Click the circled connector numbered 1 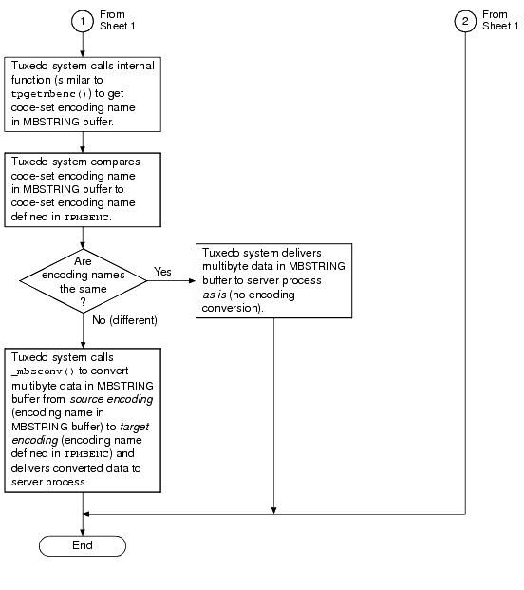84,21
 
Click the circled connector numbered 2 466,21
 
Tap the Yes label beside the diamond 162,271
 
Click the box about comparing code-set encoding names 83,189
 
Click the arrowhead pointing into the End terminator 84,532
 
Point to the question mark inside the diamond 83,301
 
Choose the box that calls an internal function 83,94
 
